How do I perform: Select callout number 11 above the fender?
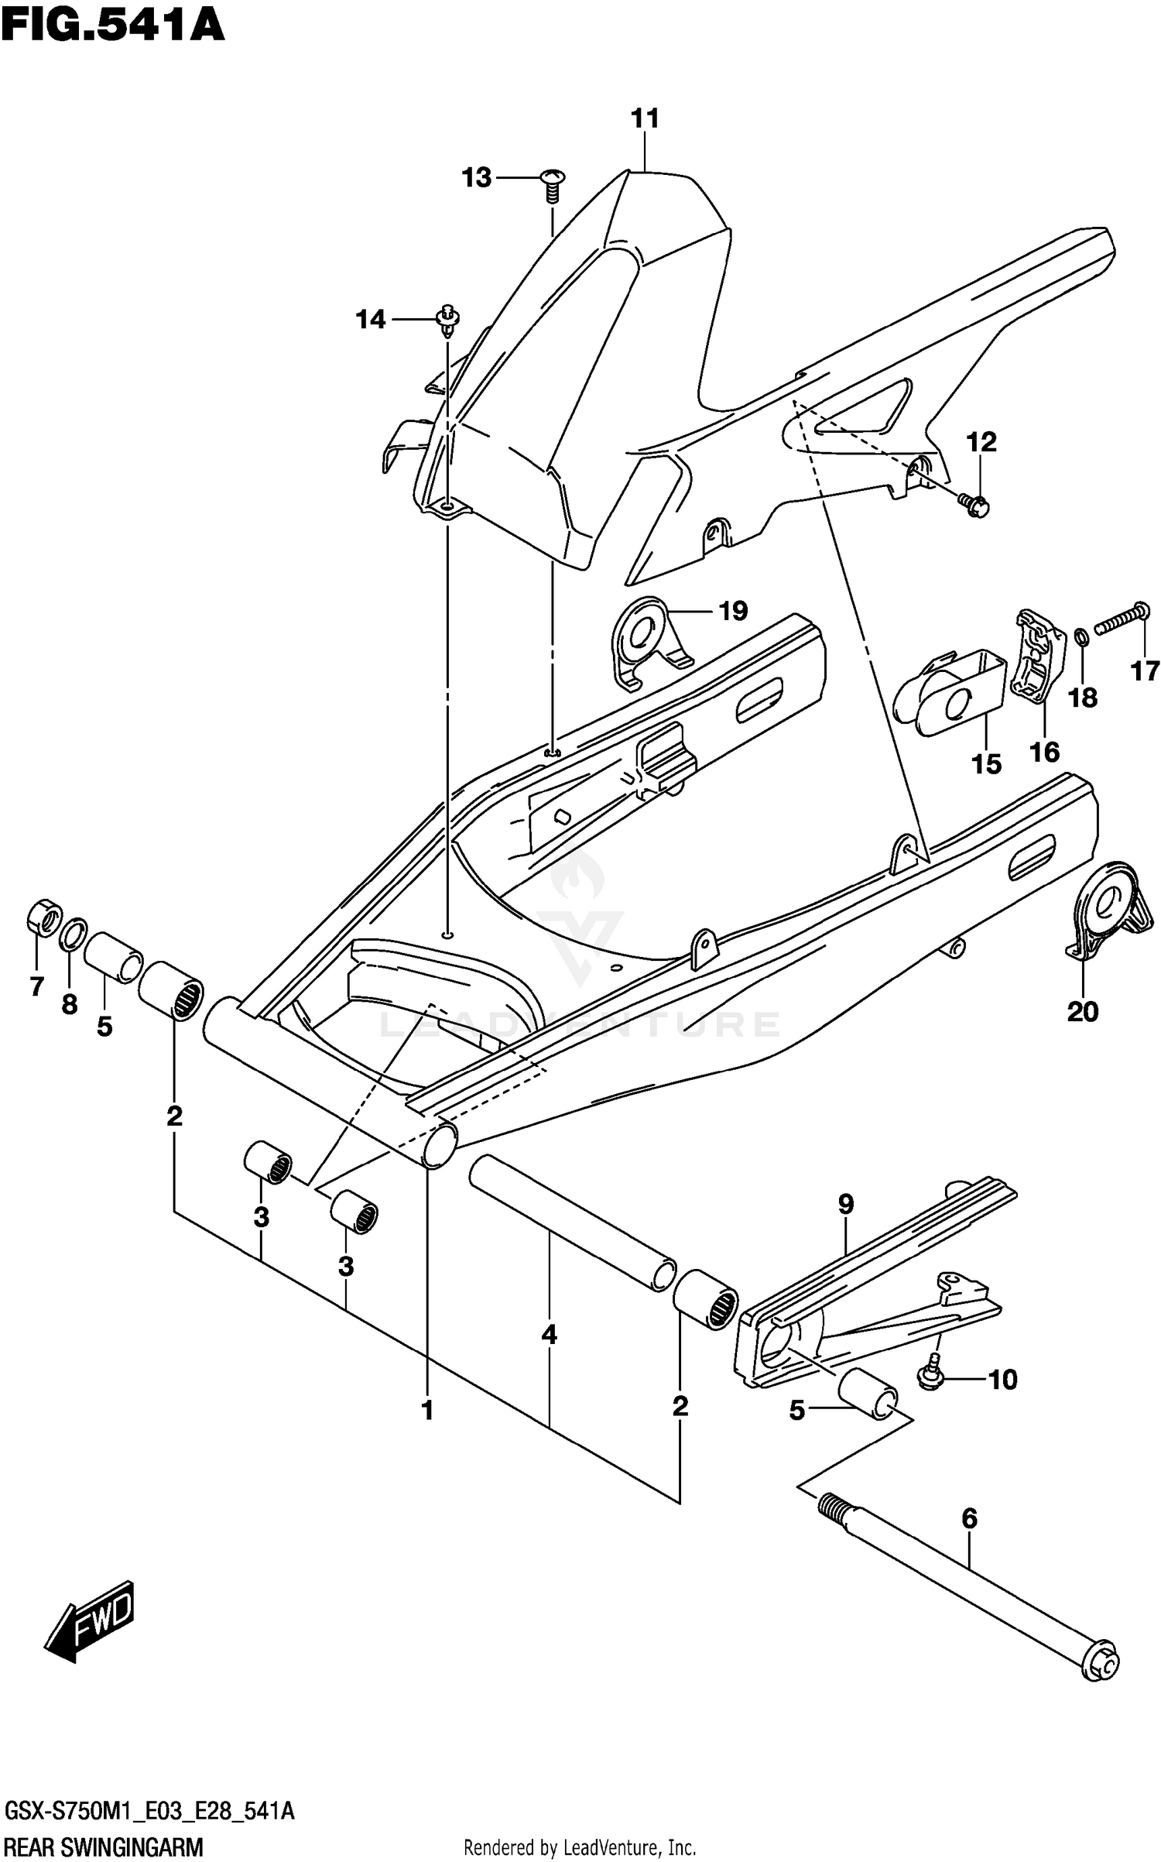(x=645, y=119)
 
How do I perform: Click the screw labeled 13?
(x=553, y=184)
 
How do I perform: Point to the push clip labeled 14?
(x=448, y=319)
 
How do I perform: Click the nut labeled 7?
(x=44, y=917)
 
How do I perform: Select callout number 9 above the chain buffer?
(x=846, y=1204)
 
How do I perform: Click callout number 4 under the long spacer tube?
(x=549, y=1334)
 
